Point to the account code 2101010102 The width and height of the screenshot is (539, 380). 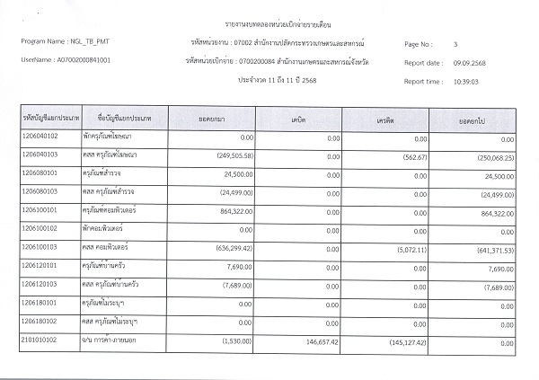[44, 341]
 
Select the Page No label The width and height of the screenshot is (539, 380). [419, 44]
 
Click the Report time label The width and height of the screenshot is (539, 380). [422, 82]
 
